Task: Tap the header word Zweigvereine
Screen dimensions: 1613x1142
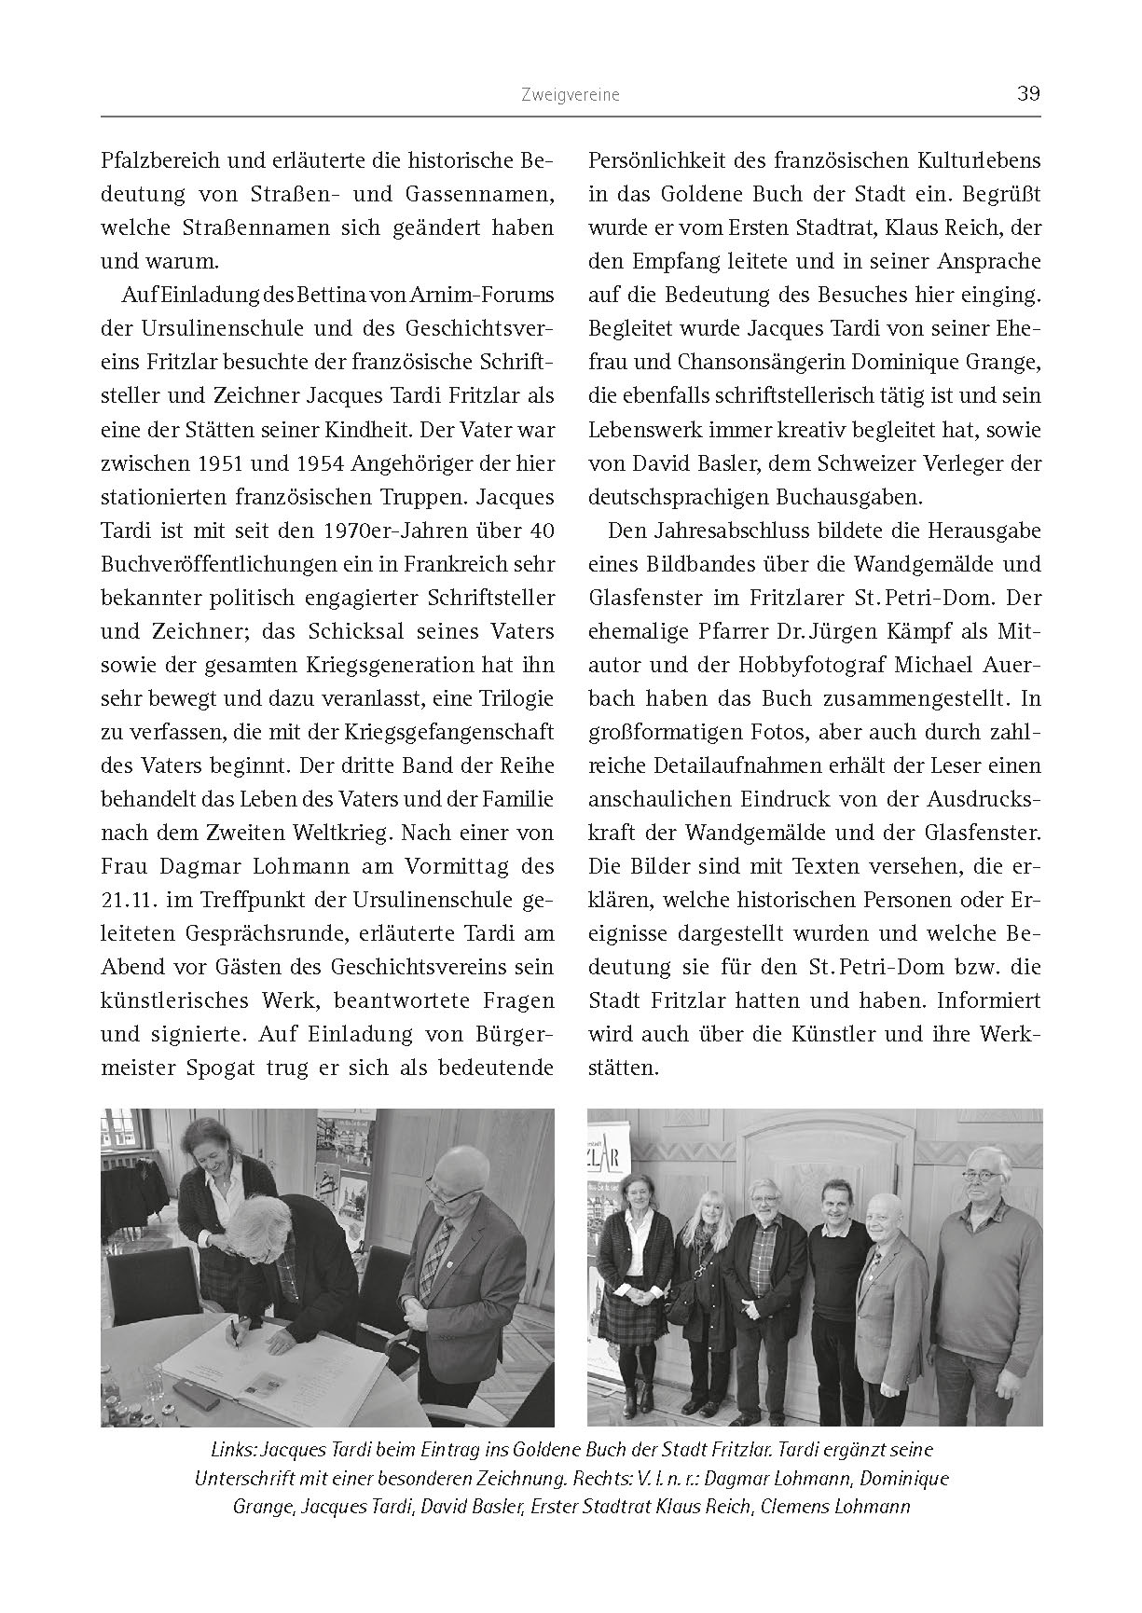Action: tap(571, 95)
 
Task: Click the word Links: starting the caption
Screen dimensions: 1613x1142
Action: tap(228, 1452)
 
